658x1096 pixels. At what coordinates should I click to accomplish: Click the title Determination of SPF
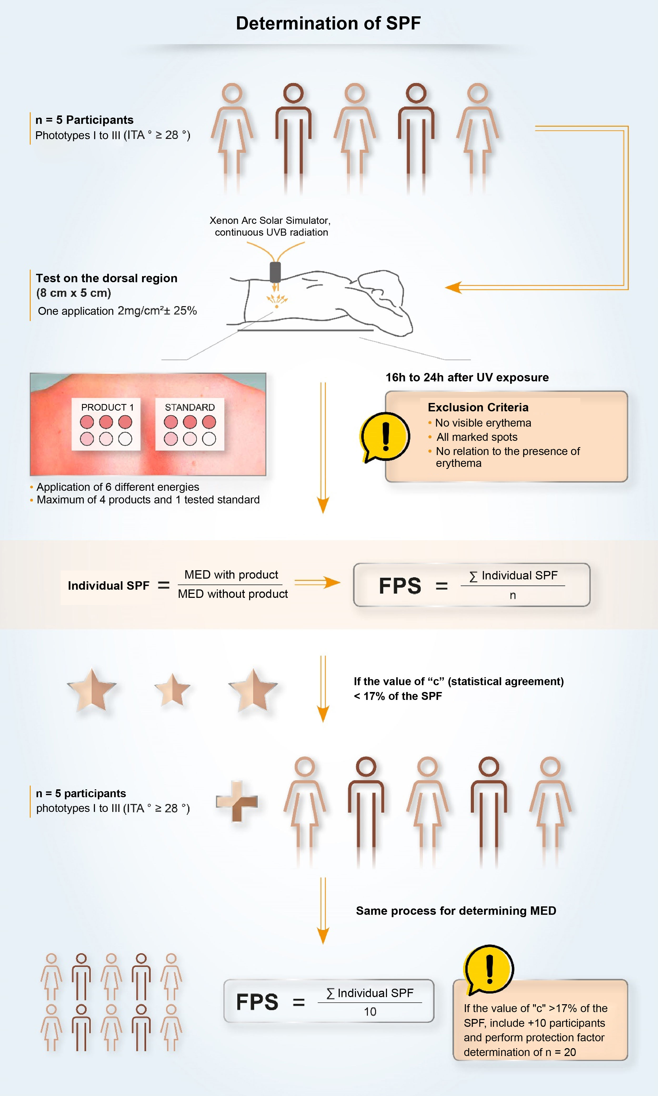(328, 23)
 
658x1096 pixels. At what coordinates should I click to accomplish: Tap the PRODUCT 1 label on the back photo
(107, 407)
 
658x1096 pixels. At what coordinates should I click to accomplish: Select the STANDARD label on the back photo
(190, 407)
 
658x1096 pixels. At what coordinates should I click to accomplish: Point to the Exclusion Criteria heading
(478, 407)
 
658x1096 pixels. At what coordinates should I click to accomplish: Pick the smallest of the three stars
(172, 690)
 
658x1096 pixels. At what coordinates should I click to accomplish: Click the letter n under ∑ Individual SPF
(513, 595)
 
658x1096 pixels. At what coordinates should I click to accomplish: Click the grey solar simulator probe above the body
(275, 272)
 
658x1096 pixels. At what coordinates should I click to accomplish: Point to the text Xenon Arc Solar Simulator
(270, 220)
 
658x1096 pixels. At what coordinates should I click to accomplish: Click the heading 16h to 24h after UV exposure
(467, 377)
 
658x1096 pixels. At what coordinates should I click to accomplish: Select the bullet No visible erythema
(483, 422)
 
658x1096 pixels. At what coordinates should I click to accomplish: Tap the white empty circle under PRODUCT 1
(125, 439)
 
